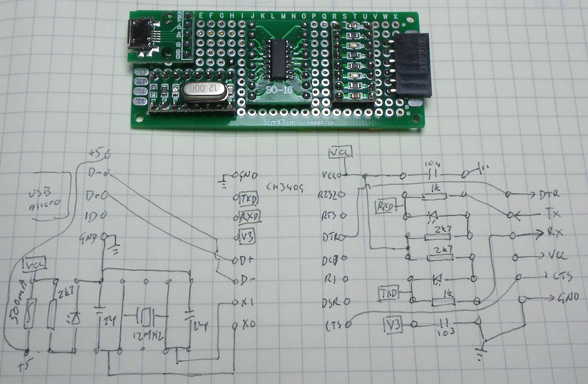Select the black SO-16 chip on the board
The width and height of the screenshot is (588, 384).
[x=278, y=58]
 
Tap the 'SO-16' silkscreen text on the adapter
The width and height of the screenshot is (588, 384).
[x=278, y=90]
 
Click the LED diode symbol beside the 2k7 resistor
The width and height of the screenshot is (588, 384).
[x=73, y=317]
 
